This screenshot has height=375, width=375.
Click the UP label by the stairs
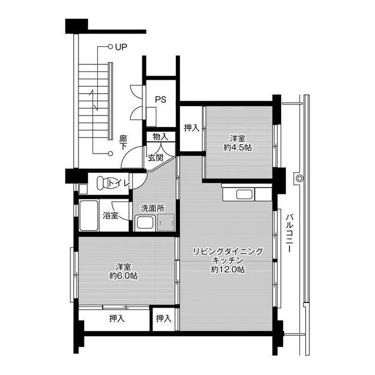pos(121,47)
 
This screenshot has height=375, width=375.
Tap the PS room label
pos(161,99)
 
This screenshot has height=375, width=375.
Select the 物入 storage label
pos(161,137)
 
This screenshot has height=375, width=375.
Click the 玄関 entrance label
pos(155,158)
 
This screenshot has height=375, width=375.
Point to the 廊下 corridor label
pos(124,142)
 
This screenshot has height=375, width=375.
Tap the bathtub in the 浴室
pos(88,216)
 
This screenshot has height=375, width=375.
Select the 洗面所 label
pos(152,209)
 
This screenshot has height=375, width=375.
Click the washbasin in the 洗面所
pos(145,223)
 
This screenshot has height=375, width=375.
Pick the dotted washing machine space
pos(165,223)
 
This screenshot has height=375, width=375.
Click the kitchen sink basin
pos(244,194)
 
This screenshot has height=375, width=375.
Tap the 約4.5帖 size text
pos(237,148)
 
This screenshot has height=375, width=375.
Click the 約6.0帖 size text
pos(124,276)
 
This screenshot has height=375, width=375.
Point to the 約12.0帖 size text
pos(228,270)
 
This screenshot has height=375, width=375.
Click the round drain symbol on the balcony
pos(299,178)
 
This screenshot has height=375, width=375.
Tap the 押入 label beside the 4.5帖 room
pos(192,128)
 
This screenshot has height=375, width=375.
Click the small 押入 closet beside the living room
pos(164,319)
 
